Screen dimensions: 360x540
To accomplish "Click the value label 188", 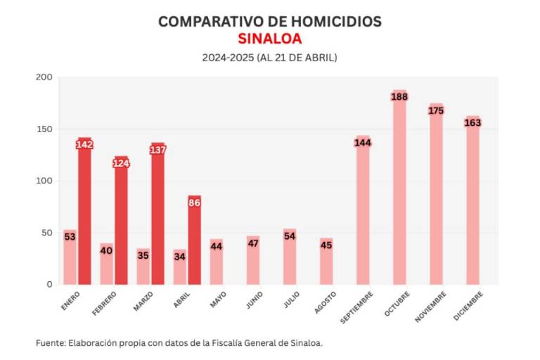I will coord(399,96).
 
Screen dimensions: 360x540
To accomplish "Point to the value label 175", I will coord(436,110).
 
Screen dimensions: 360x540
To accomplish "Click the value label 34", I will coord(179,257).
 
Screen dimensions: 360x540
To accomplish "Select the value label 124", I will coord(121,164).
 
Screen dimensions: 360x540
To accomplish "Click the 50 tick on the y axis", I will coord(46,233).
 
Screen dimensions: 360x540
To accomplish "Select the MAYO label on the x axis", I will coord(217,301).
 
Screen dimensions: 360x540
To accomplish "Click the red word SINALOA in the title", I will coord(269,39).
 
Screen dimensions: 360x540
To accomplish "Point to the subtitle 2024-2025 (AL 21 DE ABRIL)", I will coord(269,57).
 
